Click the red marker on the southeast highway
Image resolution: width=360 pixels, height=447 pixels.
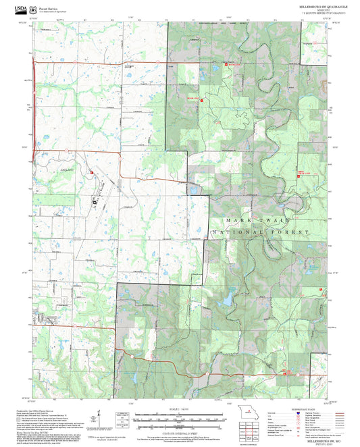click(285, 372)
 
